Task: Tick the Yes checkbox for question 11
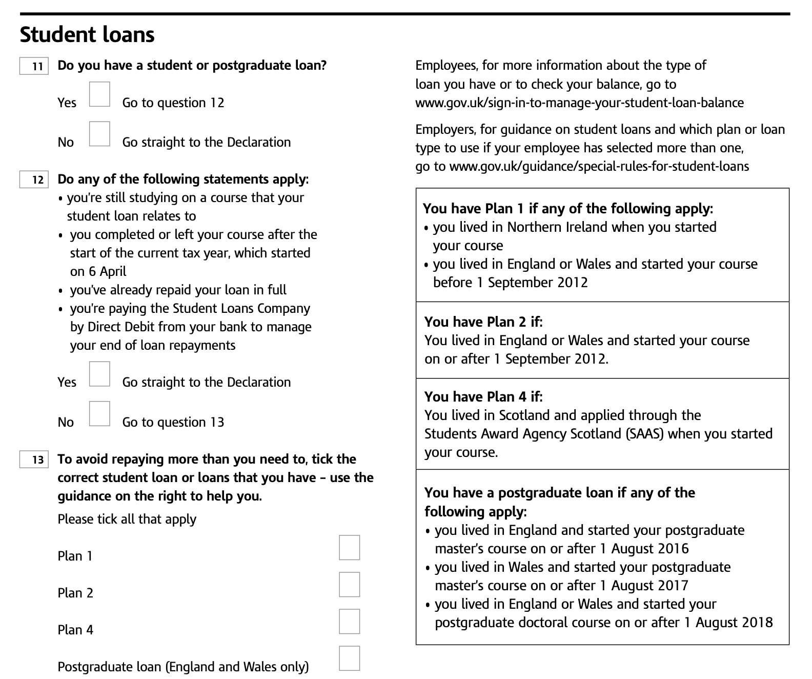tap(99, 94)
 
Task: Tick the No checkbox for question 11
tap(99, 134)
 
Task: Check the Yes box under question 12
tap(99, 374)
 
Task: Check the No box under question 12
tap(99, 414)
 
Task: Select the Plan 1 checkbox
tap(349, 548)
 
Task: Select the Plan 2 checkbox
tap(349, 585)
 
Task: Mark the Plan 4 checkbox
tap(349, 622)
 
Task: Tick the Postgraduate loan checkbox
tap(349, 658)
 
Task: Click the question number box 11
tap(34, 66)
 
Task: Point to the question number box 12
tap(34, 180)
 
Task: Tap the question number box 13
tap(34, 460)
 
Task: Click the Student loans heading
tap(87, 35)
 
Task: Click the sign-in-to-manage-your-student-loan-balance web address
tap(579, 103)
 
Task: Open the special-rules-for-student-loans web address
tap(599, 166)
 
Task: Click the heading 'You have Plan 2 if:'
tap(483, 322)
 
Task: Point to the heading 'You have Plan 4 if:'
tap(483, 396)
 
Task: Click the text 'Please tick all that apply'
tap(127, 519)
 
